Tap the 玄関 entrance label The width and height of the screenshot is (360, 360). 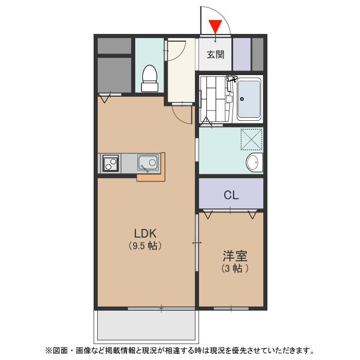click(x=215, y=55)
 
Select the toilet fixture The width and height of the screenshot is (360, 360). click(x=150, y=79)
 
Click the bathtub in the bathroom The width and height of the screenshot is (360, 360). click(x=249, y=99)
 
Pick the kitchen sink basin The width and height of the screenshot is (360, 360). click(x=148, y=163)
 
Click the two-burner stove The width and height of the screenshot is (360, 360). click(x=111, y=163)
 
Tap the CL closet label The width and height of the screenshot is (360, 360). click(x=231, y=195)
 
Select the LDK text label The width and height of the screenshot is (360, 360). click(x=145, y=233)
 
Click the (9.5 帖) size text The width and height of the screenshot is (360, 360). click(x=145, y=246)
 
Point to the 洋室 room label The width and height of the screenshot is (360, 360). click(x=235, y=256)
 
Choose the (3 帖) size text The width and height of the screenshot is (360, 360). click(x=235, y=268)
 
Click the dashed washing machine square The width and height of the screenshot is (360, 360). click(x=251, y=139)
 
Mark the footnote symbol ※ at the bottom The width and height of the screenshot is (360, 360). click(x=49, y=351)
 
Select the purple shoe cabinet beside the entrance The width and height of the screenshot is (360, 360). click(x=242, y=54)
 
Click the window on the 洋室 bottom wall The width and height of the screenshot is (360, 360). click(x=231, y=309)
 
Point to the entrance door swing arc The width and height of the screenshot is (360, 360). click(x=222, y=15)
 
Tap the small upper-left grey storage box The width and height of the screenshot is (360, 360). click(x=114, y=46)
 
